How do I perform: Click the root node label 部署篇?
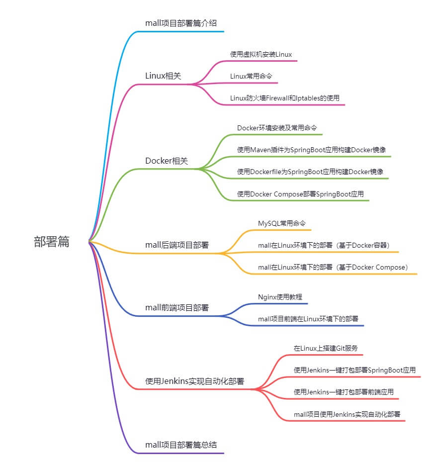tap(51, 242)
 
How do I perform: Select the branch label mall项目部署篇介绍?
tap(181, 23)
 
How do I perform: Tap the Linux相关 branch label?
tap(163, 76)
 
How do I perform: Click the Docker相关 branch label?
tap(167, 161)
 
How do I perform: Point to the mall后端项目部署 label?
tap(177, 245)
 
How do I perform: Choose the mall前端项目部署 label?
tap(177, 307)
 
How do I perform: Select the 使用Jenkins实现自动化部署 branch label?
tap(194, 381)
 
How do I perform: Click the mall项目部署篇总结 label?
tap(181, 445)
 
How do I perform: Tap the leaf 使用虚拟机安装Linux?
tap(261, 54)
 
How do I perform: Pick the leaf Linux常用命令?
tap(251, 76)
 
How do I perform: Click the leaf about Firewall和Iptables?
tap(285, 98)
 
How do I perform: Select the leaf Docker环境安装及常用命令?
tap(277, 128)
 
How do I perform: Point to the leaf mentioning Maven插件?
tap(311, 150)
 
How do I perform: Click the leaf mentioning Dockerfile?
tap(310, 172)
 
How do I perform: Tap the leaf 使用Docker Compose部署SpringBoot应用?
tap(300, 194)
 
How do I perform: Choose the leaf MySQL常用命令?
tap(281, 223)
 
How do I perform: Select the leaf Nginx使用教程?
tap(280, 297)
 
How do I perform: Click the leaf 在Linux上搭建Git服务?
tap(326, 348)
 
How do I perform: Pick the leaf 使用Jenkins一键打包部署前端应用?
tap(344, 392)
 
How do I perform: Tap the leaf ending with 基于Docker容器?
tap(324, 245)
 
